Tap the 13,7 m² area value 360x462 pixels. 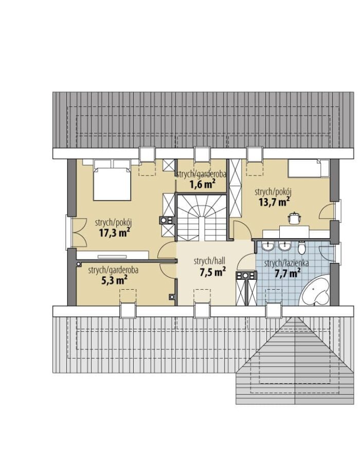274,202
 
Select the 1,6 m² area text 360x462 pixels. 202,184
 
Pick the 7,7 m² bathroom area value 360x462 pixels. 287,273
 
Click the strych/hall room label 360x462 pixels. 209,261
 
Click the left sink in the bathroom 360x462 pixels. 268,246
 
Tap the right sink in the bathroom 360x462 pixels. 284,246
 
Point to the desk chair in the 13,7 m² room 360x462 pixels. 294,218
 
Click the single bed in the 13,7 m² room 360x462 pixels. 309,168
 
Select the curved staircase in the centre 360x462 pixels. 202,218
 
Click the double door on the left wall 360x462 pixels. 76,233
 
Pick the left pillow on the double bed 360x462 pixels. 102,164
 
